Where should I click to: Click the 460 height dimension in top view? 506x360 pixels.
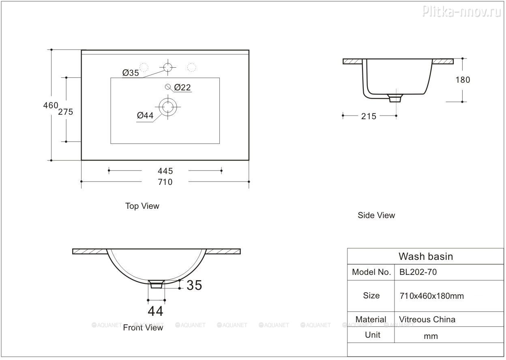[x=51, y=105]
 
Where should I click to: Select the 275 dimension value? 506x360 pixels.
[x=66, y=112]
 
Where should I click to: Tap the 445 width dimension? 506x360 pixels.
[x=165, y=171]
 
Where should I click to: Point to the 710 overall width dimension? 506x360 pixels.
[x=165, y=182]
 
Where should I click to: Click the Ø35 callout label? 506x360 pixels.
[x=131, y=73]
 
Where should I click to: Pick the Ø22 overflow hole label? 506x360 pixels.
[x=182, y=88]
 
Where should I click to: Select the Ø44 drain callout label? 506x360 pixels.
[x=145, y=116]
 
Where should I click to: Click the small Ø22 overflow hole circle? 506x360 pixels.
[x=167, y=86]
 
